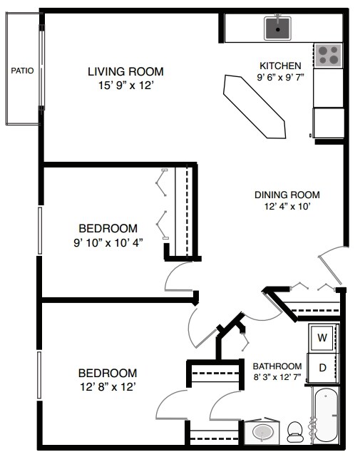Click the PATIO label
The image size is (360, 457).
[x=22, y=71]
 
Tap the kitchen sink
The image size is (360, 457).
[x=278, y=29]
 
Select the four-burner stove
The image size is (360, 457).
[x=328, y=56]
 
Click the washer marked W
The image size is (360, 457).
[x=322, y=338]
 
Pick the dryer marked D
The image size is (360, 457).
[x=322, y=368]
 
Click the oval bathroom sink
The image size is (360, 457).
[x=262, y=432]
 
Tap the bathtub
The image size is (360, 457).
[x=326, y=415]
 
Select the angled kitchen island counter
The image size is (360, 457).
[x=254, y=107]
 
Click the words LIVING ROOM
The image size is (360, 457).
[x=125, y=72]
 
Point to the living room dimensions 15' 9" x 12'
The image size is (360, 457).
[x=125, y=86]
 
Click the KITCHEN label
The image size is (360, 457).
[x=280, y=66]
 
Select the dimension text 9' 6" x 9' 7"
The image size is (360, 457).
[x=280, y=77]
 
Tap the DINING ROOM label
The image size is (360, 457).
[x=287, y=195]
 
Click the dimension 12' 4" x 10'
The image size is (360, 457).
[x=287, y=206]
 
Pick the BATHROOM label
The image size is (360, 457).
[x=277, y=366]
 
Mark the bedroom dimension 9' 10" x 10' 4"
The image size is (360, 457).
[x=108, y=242]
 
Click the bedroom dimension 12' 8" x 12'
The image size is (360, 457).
[x=108, y=386]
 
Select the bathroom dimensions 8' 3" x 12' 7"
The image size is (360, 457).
[x=277, y=377]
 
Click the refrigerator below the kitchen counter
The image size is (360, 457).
[x=329, y=123]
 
